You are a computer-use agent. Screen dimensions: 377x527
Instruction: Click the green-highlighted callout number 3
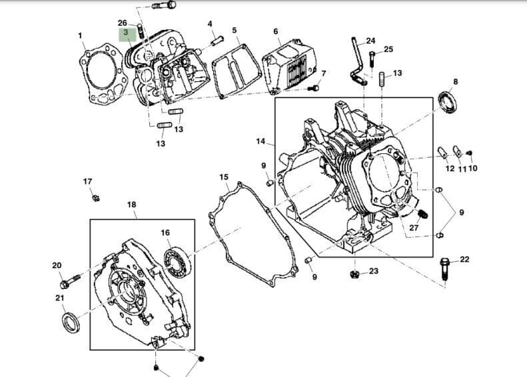tap(125, 32)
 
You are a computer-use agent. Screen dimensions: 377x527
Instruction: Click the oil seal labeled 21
tap(69, 322)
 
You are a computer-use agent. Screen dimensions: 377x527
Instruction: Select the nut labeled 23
tap(355, 272)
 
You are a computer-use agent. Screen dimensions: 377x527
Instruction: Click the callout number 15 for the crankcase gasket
tap(224, 177)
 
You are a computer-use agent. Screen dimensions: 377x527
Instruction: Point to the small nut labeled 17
tap(95, 197)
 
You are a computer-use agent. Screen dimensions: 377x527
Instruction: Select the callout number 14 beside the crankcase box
tap(261, 141)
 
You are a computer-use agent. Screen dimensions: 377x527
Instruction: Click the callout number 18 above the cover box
tap(131, 204)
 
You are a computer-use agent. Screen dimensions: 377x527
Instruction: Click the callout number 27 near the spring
tap(414, 228)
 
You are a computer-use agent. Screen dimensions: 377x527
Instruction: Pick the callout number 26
tap(122, 23)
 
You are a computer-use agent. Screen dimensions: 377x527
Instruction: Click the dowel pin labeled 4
tap(216, 39)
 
